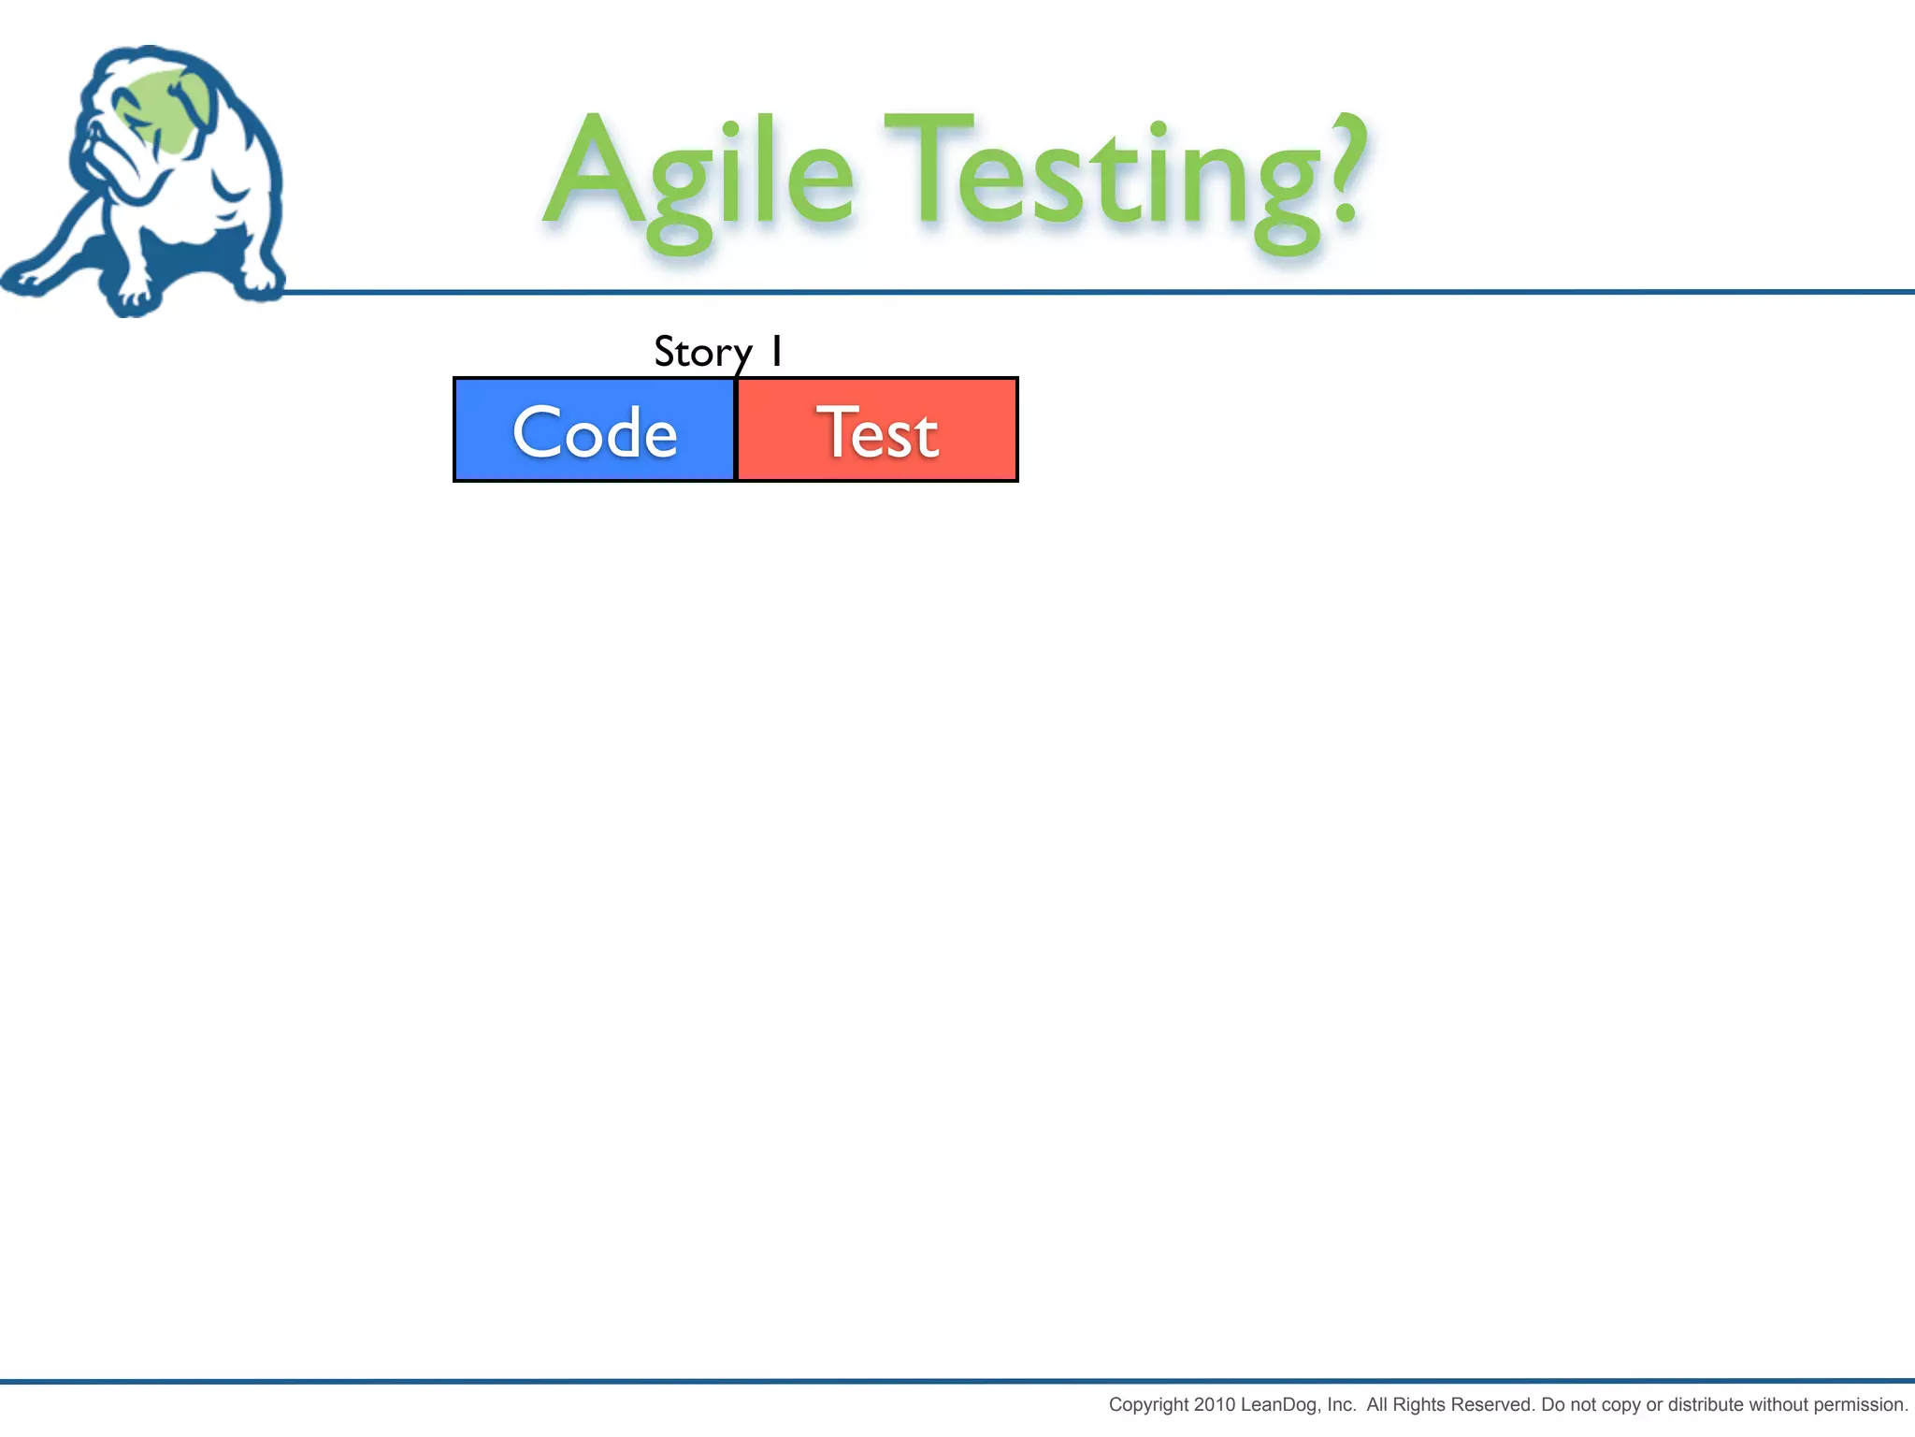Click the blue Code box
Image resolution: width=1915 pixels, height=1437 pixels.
(595, 430)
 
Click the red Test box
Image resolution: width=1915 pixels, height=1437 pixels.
(877, 430)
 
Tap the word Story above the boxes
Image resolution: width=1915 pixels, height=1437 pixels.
(702, 353)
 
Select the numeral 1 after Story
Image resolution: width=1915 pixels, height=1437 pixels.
(776, 351)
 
